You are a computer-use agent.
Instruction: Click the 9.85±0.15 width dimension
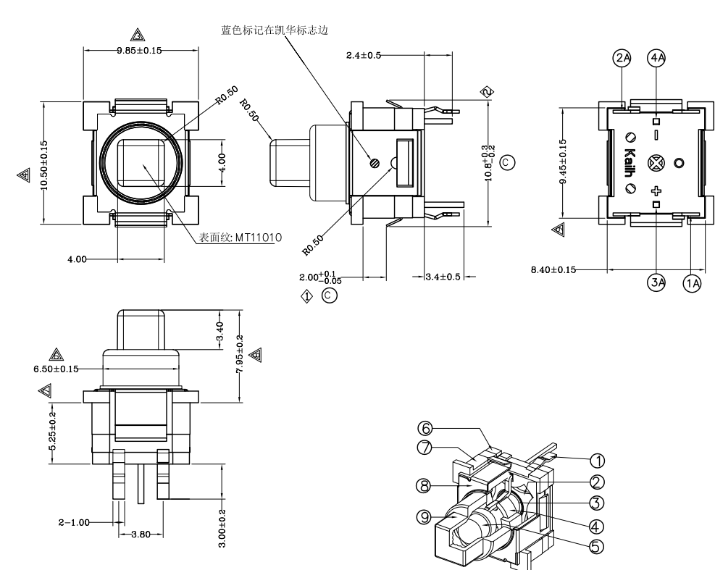tap(140, 50)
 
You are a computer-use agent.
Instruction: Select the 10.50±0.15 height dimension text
tap(43, 166)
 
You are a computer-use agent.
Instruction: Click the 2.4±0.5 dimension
tap(364, 55)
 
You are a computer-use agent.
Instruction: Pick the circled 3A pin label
tap(656, 283)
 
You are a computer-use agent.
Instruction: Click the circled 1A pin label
tap(692, 283)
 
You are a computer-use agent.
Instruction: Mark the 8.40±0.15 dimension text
tap(553, 269)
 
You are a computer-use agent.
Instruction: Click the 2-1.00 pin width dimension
tap(75, 521)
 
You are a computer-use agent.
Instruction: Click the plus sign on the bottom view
tap(656, 191)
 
